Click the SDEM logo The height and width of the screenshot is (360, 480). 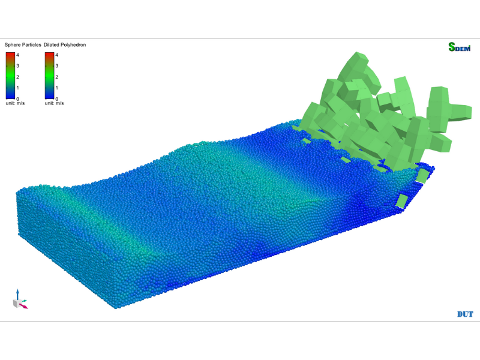pos(460,47)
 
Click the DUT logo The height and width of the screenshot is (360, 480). pos(465,314)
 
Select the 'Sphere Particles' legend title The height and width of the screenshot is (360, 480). pos(23,44)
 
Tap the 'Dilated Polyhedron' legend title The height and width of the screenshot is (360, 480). pos(65,44)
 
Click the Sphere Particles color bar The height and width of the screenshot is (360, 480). pos(10,76)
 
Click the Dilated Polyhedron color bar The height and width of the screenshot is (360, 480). pos(49,76)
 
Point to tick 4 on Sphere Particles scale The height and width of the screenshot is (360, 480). pos(17,55)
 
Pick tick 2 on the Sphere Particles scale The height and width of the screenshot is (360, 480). pos(17,77)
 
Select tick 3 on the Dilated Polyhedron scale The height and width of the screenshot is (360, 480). pos(56,66)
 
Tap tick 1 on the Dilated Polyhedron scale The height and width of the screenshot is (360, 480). pos(56,88)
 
